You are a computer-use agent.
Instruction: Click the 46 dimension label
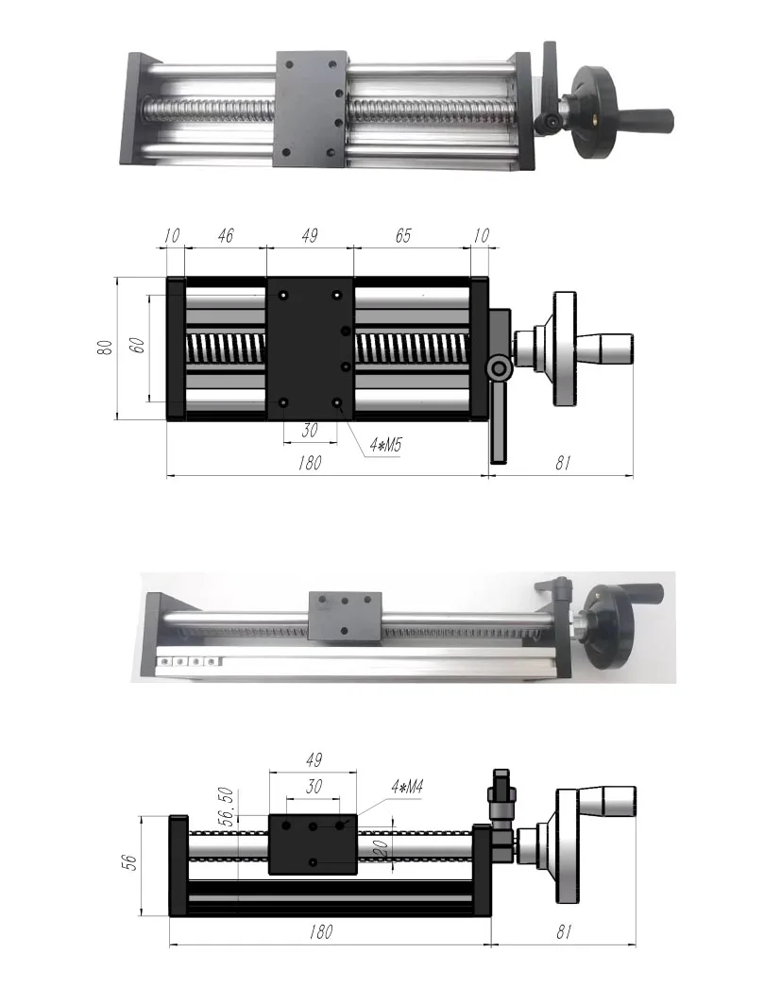[224, 237]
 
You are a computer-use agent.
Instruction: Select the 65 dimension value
[402, 237]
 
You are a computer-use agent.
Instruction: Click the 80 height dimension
[105, 347]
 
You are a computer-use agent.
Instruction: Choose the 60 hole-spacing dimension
[137, 346]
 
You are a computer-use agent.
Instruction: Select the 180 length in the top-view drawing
[308, 463]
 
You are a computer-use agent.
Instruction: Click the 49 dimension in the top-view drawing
[309, 237]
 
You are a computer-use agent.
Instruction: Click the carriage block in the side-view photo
[345, 615]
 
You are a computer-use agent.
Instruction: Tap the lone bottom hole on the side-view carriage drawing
[313, 862]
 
